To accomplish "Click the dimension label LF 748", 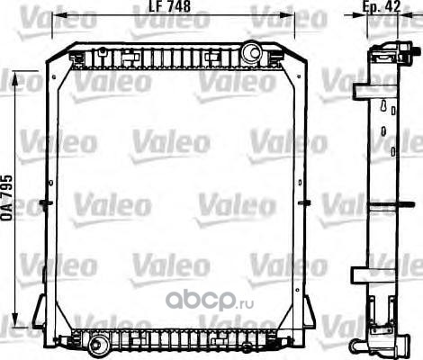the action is coord(169,6).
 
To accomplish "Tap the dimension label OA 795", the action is coord(6,198).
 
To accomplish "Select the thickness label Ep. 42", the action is coord(382,6).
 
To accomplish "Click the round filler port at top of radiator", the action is coord(251,52).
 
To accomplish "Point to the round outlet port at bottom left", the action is coord(96,345).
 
